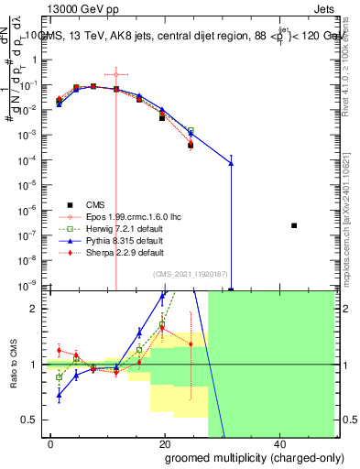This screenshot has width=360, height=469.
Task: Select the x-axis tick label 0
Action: (51, 442)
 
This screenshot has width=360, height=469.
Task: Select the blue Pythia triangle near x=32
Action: (231, 163)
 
